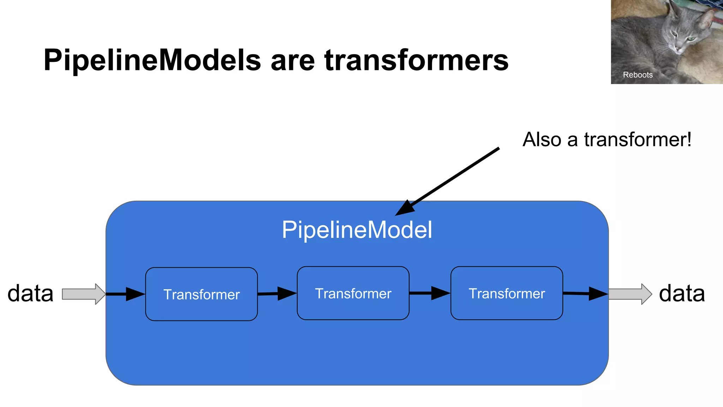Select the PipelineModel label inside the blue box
coord(357,230)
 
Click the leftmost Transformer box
coord(201,294)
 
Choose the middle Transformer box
coord(353,293)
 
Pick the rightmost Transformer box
coord(507,293)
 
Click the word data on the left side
coord(30,293)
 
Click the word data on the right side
coord(682,293)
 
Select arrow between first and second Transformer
coord(277,294)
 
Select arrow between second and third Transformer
coord(430,293)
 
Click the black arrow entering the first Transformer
coord(125,294)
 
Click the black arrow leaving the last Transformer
coord(586,293)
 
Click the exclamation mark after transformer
coord(688,139)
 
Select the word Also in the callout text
coord(542,140)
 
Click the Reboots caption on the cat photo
coord(638,75)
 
